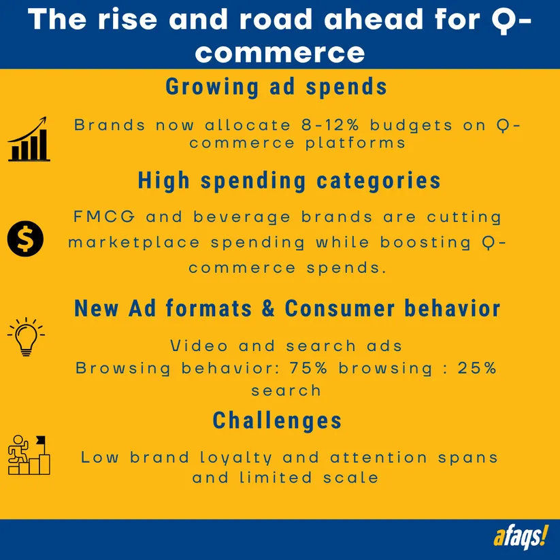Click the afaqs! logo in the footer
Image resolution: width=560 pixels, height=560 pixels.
coord(521,537)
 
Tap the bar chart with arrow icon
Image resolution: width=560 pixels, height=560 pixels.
coord(29,139)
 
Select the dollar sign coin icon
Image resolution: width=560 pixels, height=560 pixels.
coord(25,239)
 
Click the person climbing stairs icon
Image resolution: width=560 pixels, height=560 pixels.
coord(29,455)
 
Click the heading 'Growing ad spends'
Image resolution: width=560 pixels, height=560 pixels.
coord(276,87)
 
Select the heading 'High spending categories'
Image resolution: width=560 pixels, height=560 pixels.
coord(289,180)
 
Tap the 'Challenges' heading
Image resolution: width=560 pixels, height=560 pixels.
coord(277,421)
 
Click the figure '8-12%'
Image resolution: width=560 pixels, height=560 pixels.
coord(330,125)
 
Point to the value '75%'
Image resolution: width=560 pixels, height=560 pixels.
coord(308,368)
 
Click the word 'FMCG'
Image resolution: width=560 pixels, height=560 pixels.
coord(104,216)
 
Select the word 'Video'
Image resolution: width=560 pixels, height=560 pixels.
coord(199,346)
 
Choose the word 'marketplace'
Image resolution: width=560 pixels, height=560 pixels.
coord(134,243)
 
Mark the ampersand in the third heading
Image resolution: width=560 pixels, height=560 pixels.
coord(268,308)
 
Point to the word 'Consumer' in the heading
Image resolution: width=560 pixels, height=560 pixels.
coord(340,308)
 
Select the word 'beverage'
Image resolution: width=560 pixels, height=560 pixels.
coord(247,217)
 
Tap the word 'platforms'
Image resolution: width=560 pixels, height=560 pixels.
coord(355,144)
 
